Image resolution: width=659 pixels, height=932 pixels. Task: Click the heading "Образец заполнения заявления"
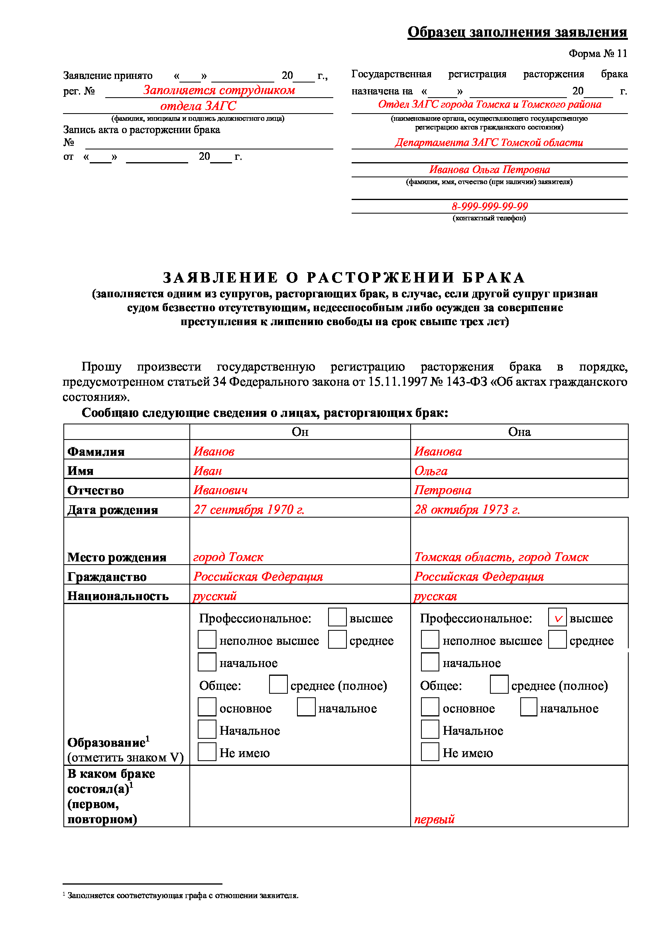[x=517, y=32]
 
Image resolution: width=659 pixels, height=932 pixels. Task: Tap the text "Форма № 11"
[x=597, y=53]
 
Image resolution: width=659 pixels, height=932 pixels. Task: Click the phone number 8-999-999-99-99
[x=489, y=206]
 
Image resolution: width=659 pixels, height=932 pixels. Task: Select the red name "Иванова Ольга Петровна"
[x=489, y=170]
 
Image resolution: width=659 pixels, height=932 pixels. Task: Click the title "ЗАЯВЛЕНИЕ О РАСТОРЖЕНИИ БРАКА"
[x=344, y=278]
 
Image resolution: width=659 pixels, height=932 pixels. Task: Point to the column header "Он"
[x=300, y=432]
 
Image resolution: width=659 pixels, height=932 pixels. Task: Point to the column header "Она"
[x=519, y=432]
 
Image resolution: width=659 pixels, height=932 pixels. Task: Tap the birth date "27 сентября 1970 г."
[x=248, y=510]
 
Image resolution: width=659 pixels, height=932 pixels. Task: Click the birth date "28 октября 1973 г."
[x=467, y=510]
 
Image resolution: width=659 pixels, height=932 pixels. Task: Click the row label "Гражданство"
[x=107, y=577]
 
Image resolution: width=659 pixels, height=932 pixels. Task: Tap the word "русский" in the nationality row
[x=214, y=596]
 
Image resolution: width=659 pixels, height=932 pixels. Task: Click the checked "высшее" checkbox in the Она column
[x=557, y=617]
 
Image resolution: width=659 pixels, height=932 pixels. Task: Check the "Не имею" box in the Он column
[x=207, y=752]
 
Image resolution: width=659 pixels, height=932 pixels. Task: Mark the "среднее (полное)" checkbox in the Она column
[x=499, y=685]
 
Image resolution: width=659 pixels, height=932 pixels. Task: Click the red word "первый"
[x=434, y=819]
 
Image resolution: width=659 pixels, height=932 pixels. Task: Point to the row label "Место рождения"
[x=116, y=557]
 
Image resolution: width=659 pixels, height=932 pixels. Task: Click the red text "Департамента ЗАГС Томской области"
[x=489, y=143]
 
